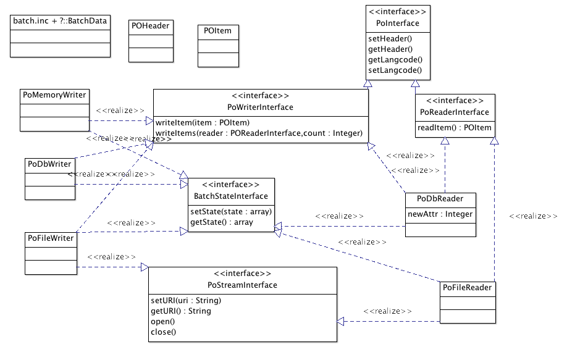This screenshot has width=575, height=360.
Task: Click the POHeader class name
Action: point(151,26)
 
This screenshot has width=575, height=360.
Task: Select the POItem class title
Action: point(218,31)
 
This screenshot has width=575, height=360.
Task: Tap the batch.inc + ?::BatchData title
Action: point(59,21)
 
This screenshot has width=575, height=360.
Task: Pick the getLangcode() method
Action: point(395,59)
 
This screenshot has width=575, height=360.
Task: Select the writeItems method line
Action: point(259,133)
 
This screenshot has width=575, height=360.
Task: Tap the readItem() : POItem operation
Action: point(455,128)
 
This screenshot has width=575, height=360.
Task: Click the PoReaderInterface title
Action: point(455,112)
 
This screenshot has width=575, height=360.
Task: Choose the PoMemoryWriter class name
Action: point(54,95)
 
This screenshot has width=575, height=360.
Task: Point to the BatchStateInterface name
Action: point(231,196)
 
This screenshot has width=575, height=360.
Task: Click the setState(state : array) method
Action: point(231,211)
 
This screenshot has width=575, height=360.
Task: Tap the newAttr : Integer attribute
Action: point(440,214)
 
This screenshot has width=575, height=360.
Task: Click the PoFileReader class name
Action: point(468,288)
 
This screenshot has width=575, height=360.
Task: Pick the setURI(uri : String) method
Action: point(186,301)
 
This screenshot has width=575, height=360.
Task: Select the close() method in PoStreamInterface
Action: point(164,332)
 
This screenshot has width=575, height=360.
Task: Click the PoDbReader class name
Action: point(440,199)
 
